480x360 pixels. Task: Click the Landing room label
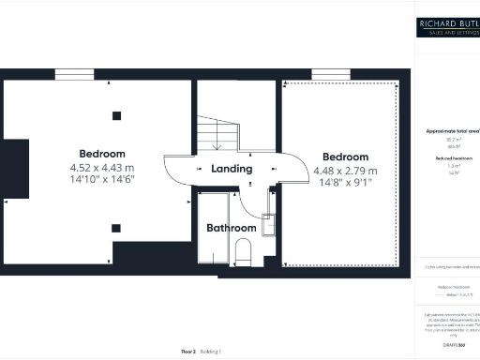232,170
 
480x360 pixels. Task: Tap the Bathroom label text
232,228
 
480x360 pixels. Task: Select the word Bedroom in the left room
101,154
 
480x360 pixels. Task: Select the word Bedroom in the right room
345,157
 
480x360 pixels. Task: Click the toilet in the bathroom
243,251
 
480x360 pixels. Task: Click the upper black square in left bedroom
116,115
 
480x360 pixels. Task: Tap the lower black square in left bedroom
116,227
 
